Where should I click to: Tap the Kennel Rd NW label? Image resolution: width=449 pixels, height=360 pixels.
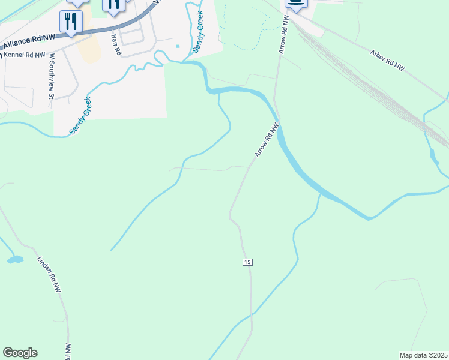pyautogui.click(x=25, y=55)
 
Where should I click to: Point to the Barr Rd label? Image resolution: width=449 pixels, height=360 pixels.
pyautogui.click(x=116, y=45)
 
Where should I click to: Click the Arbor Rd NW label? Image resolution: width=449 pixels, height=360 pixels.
pyautogui.click(x=387, y=60)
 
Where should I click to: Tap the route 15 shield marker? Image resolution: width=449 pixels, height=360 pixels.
pyautogui.click(x=247, y=262)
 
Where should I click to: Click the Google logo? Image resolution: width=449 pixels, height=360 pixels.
pyautogui.click(x=20, y=353)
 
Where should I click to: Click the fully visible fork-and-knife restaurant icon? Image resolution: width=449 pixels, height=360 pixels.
pyautogui.click(x=71, y=22)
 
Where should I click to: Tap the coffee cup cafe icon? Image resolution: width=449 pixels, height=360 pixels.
pyautogui.click(x=295, y=3)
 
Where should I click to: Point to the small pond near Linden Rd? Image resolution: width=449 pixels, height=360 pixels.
pyautogui.click(x=14, y=260)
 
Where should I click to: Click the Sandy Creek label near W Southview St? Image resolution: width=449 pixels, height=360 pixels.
pyautogui.click(x=80, y=115)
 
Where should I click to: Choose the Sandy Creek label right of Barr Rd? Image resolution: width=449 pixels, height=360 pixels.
pyautogui.click(x=198, y=31)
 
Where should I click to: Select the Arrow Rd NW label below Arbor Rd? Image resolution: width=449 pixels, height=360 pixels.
pyautogui.click(x=267, y=140)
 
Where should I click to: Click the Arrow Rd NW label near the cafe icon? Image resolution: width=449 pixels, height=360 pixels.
pyautogui.click(x=283, y=35)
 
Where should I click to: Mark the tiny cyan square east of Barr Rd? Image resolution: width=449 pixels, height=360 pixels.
pyautogui.click(x=178, y=46)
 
